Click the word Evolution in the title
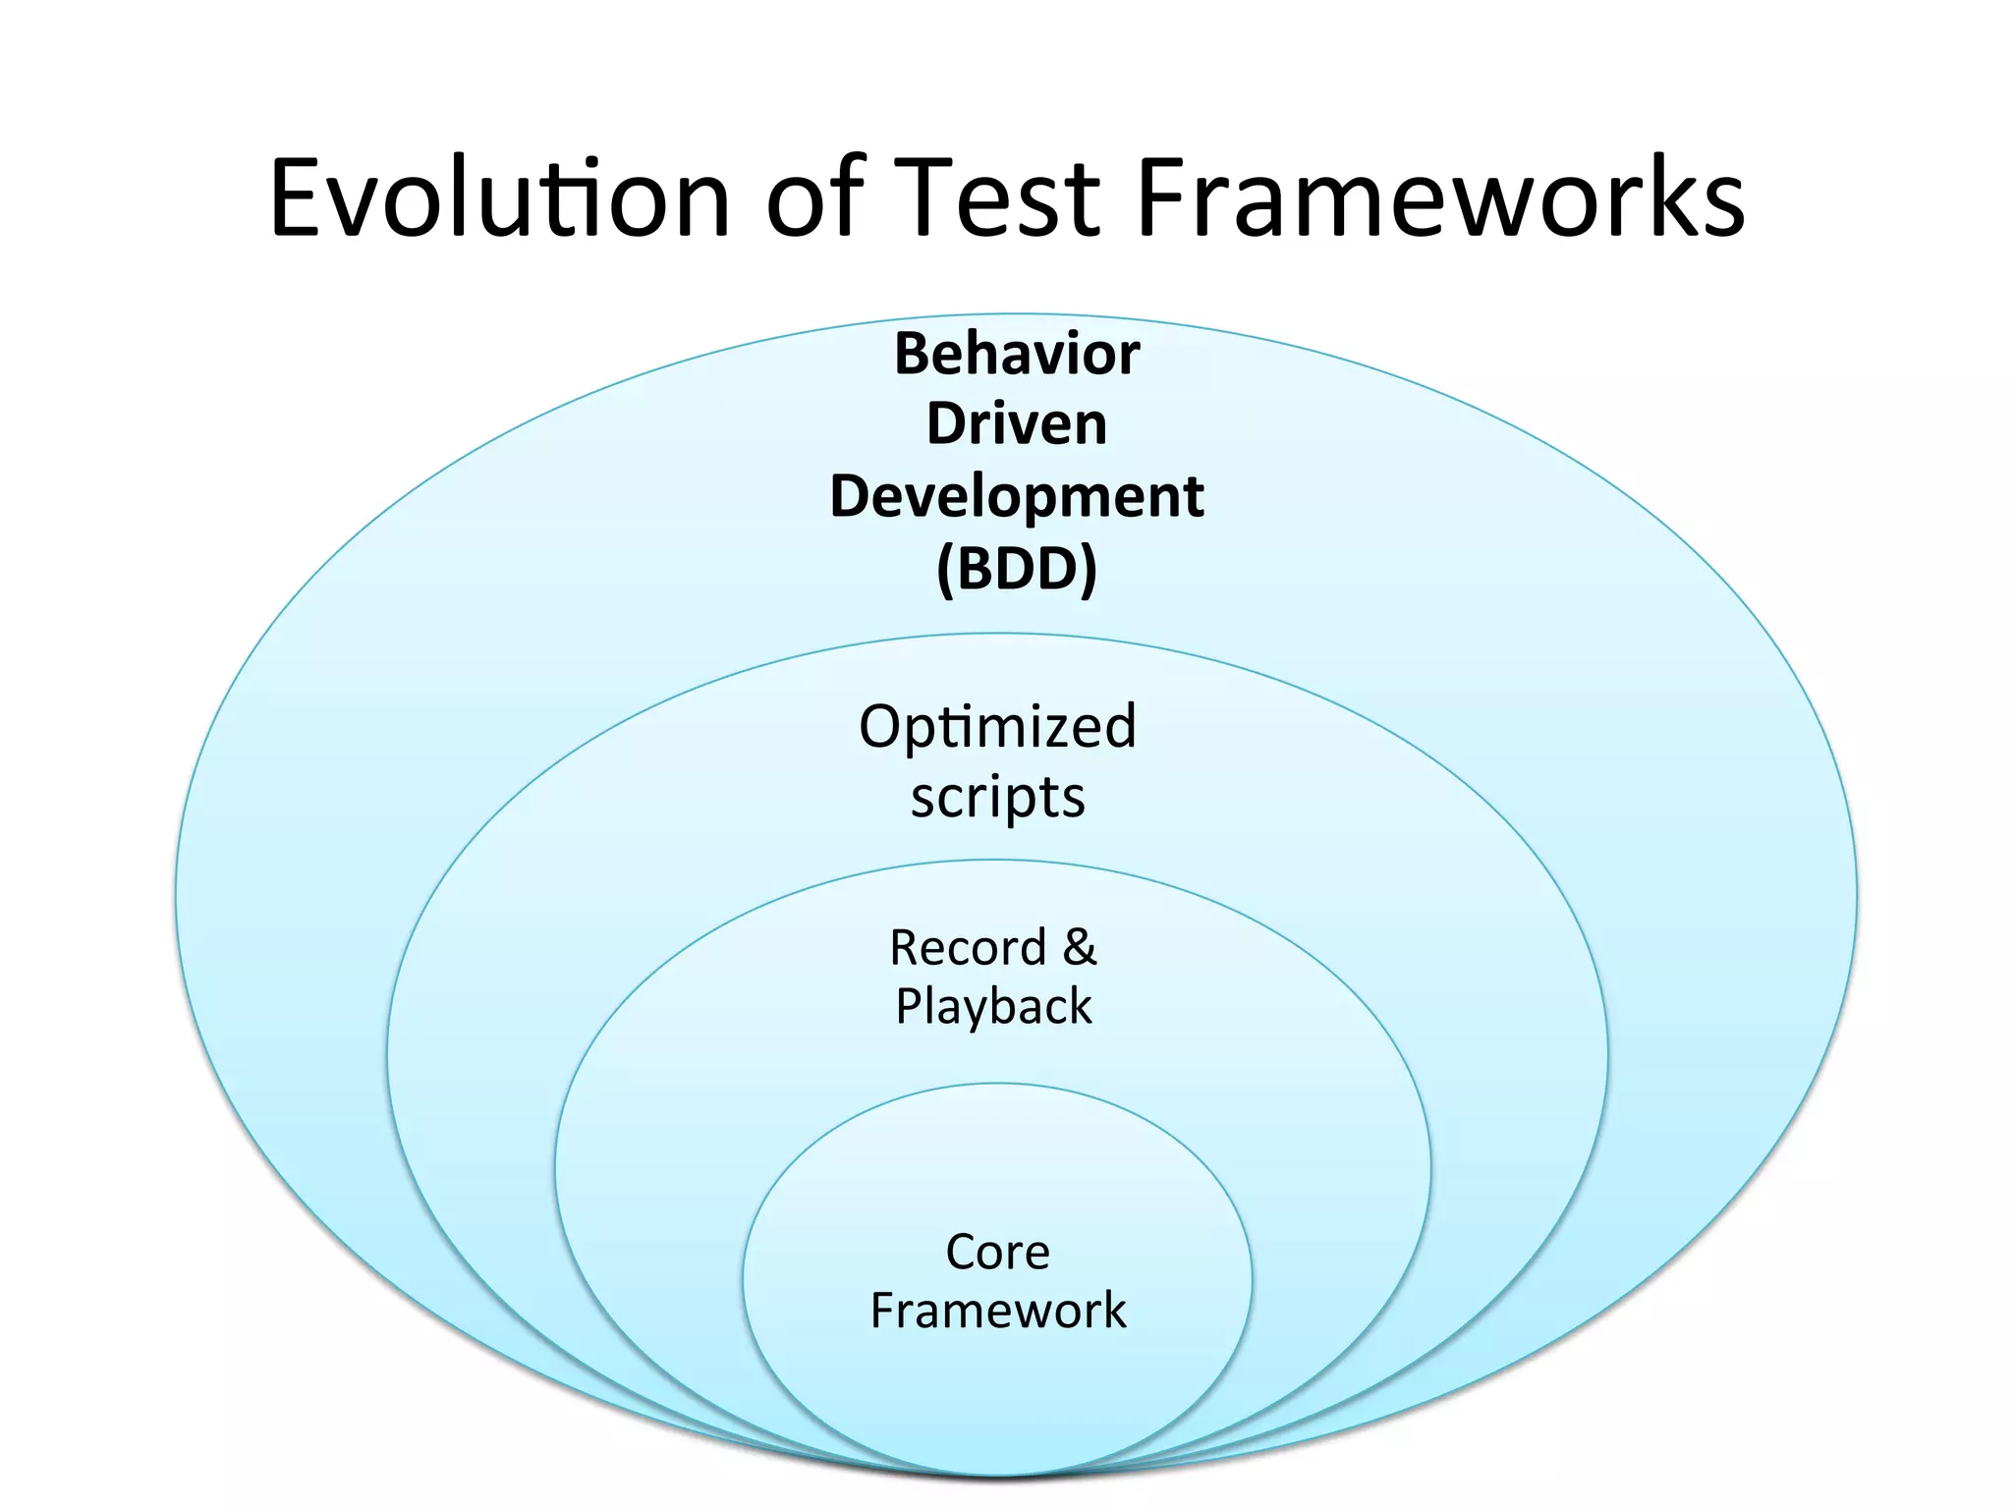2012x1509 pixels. [499, 198]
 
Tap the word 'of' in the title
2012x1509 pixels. [814, 198]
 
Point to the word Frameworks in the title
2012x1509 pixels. [1439, 198]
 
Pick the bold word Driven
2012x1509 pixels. [1016, 424]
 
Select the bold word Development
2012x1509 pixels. [1016, 496]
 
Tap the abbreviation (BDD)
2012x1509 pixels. [1016, 569]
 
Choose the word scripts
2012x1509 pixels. [997, 798]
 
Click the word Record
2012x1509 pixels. [967, 948]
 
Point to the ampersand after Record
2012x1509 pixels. [1079, 947]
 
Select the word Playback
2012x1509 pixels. [993, 1007]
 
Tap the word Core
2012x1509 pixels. [997, 1253]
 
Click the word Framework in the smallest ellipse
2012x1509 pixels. [997, 1312]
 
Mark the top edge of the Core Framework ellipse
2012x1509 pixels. [997, 1084]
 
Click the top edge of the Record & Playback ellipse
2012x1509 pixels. [993, 861]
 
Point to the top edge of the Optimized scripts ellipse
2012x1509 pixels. [997, 635]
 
